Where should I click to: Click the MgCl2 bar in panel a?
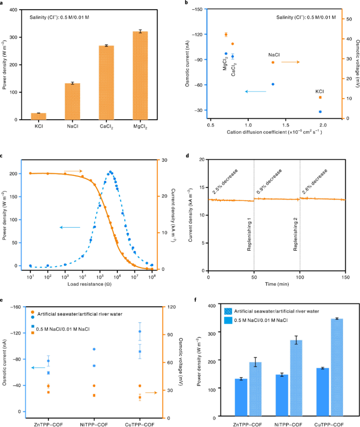140,76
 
